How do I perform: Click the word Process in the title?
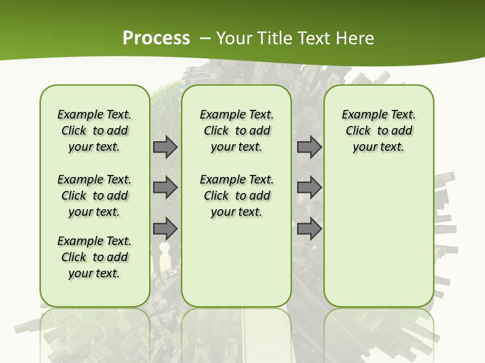[x=156, y=38]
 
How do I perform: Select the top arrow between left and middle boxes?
[x=165, y=147]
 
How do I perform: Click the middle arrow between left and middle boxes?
[x=165, y=188]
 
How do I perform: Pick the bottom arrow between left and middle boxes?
[x=165, y=228]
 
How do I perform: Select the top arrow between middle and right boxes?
[x=309, y=147]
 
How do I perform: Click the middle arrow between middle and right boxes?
[x=309, y=188]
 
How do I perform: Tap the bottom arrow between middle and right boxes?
[x=309, y=228]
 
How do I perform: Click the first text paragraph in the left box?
[x=94, y=131]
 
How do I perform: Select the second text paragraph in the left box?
[x=94, y=196]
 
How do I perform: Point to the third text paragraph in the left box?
[x=94, y=257]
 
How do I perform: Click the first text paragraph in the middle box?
[x=236, y=131]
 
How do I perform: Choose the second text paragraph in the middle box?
[x=236, y=196]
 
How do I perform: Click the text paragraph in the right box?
[x=378, y=131]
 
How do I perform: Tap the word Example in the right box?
[x=360, y=114]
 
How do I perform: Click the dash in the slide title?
[x=206, y=38]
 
